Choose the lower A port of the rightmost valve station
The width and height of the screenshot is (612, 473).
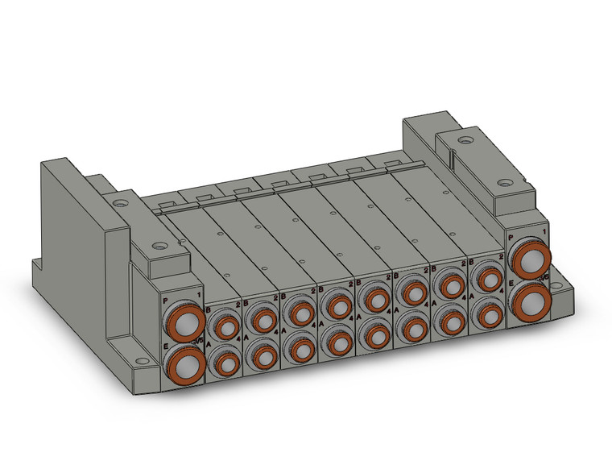(x=488, y=315)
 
